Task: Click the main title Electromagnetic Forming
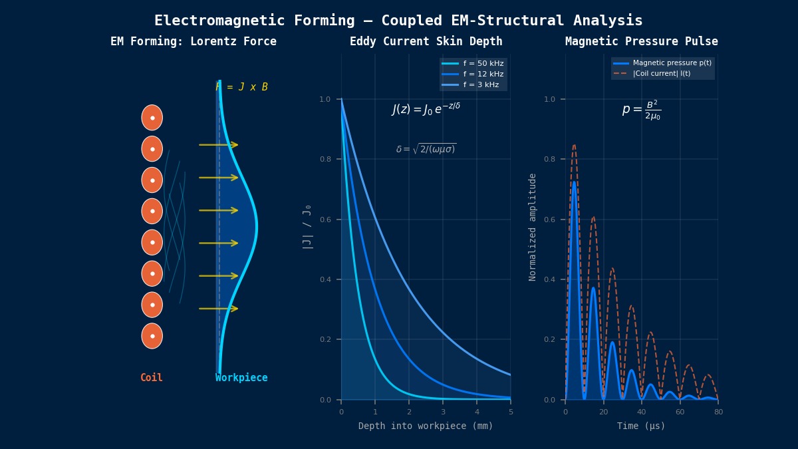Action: click(398, 21)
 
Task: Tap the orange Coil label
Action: click(152, 378)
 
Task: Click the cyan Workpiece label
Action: click(241, 378)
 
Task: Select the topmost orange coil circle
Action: click(152, 118)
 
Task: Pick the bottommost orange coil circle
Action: click(152, 336)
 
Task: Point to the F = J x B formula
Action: click(241, 87)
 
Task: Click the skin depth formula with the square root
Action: click(426, 149)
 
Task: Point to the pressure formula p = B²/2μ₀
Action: click(641, 110)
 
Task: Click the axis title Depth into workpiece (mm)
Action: click(426, 426)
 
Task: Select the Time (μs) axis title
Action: click(641, 426)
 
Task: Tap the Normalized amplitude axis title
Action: click(533, 227)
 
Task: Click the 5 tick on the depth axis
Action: click(511, 412)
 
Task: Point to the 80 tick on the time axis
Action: click(718, 412)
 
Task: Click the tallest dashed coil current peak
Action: click(574, 146)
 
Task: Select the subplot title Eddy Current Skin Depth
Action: click(426, 42)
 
